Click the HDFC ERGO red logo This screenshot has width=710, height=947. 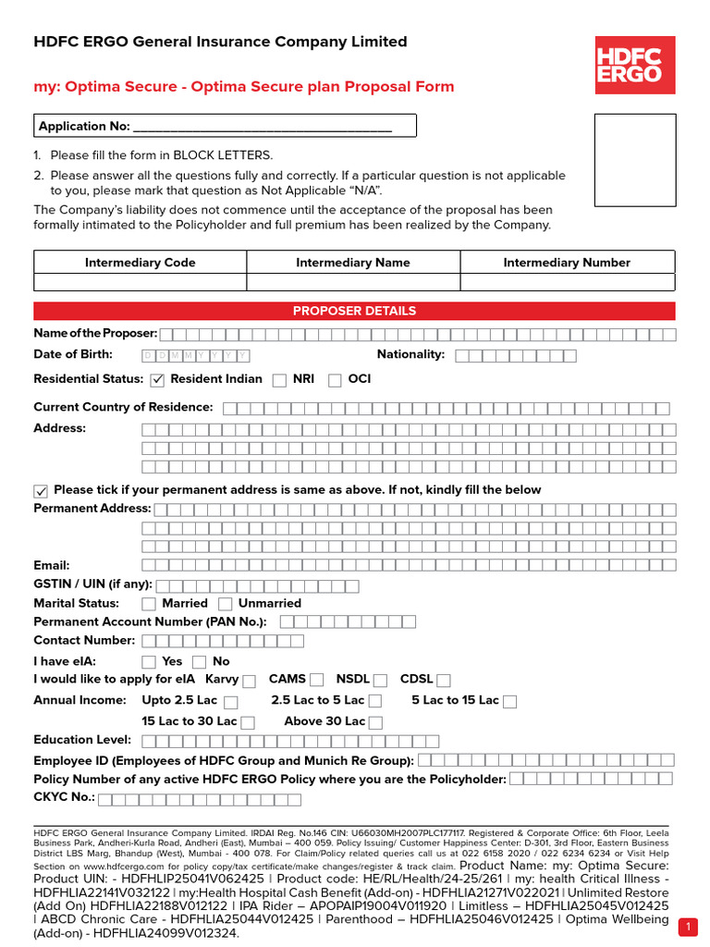tap(634, 60)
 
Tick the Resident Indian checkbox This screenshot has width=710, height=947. tap(156, 379)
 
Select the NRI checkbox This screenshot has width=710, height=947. tap(279, 379)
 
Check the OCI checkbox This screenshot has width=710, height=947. tap(334, 379)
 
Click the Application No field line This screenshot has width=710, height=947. tap(263, 127)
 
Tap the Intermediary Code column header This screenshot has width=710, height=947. tap(141, 263)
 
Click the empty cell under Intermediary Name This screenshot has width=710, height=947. tap(353, 282)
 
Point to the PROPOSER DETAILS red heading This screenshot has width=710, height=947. tap(354, 311)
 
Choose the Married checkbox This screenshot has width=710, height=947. tap(149, 604)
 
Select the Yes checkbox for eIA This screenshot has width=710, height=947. tap(149, 662)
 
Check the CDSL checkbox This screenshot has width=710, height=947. tap(444, 681)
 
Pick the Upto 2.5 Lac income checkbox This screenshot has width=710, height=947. tap(231, 702)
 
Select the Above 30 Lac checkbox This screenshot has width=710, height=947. tap(376, 722)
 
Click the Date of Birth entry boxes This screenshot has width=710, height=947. tap(195, 355)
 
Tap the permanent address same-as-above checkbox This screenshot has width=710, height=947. tap(41, 490)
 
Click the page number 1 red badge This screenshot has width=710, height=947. tap(689, 927)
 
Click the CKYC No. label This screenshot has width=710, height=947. tap(64, 797)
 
